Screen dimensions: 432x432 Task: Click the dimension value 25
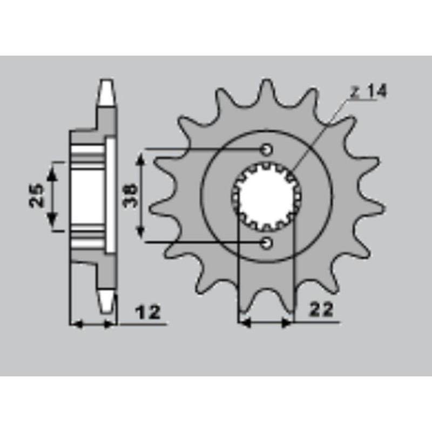pyautogui.click(x=37, y=195)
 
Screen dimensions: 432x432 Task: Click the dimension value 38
pyautogui.click(x=130, y=195)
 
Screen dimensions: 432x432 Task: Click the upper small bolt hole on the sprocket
pyautogui.click(x=267, y=150)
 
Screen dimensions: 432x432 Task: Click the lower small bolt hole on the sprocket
pyautogui.click(x=267, y=244)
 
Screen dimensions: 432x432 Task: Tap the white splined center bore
pyautogui.click(x=266, y=195)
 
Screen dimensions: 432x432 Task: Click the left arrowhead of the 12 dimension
pyautogui.click(x=76, y=324)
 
